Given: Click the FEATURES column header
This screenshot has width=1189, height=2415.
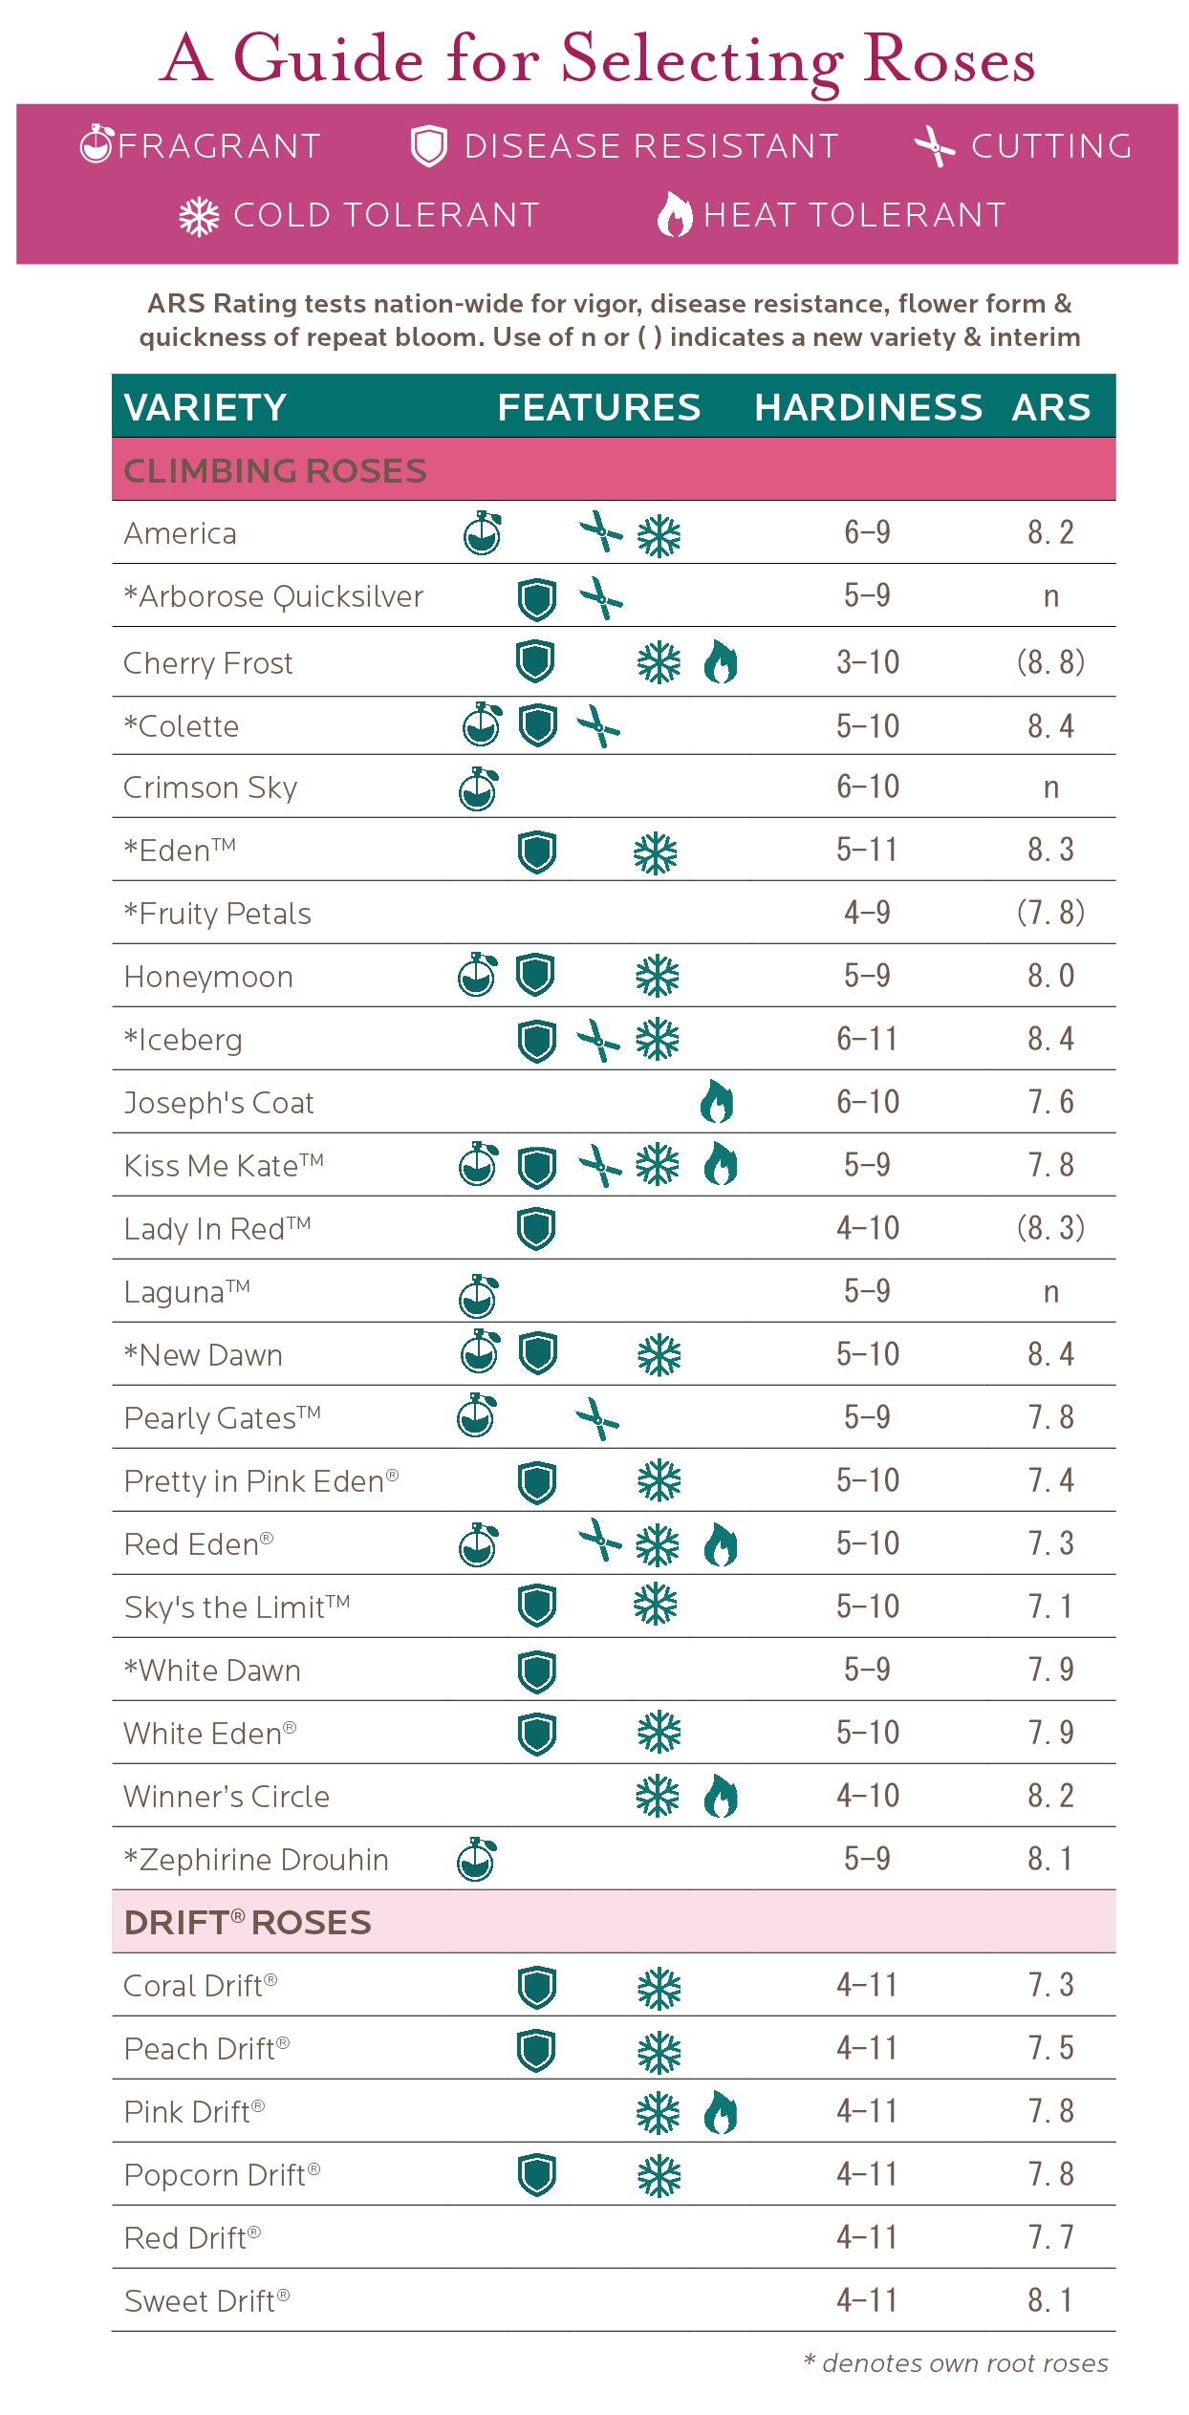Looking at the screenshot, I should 598,407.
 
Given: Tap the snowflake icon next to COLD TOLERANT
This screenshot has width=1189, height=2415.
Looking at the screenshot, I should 199,217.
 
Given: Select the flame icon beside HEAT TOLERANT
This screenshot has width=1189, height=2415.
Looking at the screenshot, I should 674,215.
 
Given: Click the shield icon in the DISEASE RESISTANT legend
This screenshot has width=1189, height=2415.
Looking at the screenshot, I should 428,147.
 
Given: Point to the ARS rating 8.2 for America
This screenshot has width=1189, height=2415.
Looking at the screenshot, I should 1050,532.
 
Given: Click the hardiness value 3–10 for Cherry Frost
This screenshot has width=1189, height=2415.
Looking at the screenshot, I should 868,662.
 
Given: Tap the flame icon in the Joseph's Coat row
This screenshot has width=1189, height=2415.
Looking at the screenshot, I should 717,1102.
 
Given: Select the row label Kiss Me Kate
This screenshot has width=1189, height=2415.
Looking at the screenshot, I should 224,1166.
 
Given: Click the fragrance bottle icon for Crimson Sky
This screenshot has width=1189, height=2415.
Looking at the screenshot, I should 478,788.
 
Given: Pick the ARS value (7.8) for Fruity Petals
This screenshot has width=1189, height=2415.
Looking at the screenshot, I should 1050,913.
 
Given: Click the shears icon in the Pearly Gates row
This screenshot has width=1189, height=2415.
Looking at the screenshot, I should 597,1418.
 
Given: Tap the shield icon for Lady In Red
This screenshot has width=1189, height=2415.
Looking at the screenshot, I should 536,1229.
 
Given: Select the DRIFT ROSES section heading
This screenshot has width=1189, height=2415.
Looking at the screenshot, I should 248,1923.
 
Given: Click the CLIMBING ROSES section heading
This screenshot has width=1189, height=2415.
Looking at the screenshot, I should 275,471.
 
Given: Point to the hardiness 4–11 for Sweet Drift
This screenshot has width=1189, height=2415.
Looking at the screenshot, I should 868,2300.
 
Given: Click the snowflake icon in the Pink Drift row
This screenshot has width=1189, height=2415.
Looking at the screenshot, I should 659,2113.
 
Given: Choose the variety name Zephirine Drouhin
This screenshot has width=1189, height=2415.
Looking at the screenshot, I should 255,1860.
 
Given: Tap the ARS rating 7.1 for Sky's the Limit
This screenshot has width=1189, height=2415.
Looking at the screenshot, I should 1050,1606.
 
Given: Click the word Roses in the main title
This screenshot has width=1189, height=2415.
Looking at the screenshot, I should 948,59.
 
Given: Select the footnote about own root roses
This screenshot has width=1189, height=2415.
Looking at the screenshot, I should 956,2363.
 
